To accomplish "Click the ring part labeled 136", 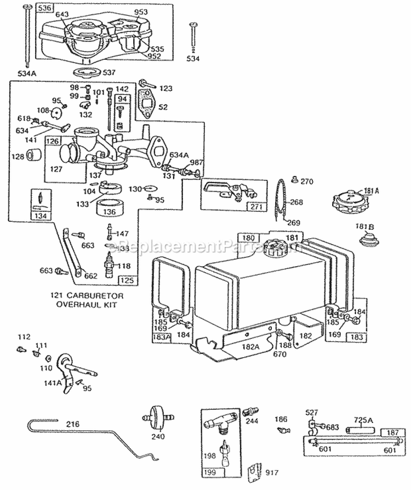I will (110, 209).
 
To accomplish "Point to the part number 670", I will (280, 353).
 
